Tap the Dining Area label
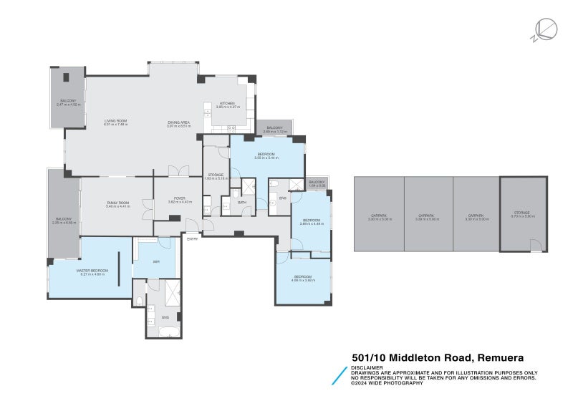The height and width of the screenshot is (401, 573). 178,122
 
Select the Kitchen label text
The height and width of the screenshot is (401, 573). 228,104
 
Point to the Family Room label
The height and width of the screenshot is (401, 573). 116,204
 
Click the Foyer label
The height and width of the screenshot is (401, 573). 176,201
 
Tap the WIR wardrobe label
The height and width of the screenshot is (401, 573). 156,262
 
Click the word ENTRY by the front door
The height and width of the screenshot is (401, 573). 192,239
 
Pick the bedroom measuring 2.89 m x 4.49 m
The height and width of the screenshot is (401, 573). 311,221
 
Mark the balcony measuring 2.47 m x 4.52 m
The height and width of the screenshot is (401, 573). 68,102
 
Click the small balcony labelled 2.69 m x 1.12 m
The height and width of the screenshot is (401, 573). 275,129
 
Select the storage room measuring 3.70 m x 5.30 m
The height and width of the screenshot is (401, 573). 523,215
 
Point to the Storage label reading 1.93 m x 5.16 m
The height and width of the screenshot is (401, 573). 216,175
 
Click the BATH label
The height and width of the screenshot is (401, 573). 243,203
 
